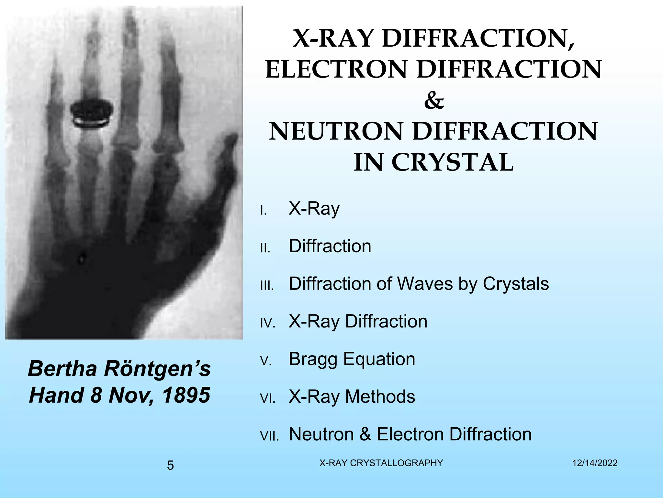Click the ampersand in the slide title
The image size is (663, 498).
(x=434, y=101)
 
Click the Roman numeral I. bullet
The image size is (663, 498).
(x=264, y=211)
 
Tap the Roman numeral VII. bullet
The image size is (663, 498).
(x=269, y=436)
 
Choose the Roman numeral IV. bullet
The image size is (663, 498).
(x=268, y=323)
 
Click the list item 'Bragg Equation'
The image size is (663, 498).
(x=352, y=359)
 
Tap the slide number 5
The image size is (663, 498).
(x=170, y=466)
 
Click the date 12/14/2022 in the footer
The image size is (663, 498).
(x=595, y=463)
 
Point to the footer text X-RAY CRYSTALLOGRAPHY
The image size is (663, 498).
(x=381, y=463)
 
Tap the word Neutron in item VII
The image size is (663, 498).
(x=321, y=434)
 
